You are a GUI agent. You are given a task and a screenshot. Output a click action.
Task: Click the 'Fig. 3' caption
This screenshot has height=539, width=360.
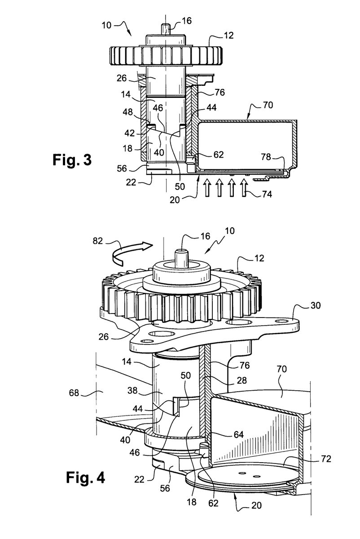(72, 159)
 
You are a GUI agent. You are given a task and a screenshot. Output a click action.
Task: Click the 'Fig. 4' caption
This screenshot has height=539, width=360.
(85, 477)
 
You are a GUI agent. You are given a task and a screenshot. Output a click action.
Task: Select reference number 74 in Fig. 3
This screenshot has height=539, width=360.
(267, 194)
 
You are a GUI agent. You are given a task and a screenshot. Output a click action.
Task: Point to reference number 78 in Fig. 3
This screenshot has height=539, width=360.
(266, 157)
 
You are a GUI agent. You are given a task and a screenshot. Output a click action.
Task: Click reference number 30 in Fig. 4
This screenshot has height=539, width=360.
(315, 305)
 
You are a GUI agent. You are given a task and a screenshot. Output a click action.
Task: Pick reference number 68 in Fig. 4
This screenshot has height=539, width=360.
(74, 393)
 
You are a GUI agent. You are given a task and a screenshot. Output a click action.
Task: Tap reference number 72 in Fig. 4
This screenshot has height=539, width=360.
(326, 459)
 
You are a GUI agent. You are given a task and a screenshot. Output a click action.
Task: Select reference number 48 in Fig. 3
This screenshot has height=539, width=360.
(127, 112)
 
